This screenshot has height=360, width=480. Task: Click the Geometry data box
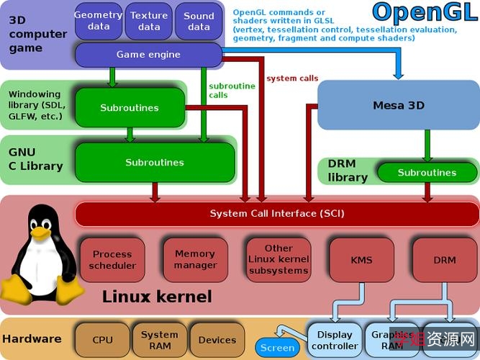[x=98, y=21]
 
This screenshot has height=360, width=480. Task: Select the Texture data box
[x=149, y=21]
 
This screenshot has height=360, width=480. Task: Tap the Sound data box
[x=199, y=21]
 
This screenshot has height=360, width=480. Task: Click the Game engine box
[x=148, y=55]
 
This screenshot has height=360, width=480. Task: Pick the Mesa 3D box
[x=398, y=106]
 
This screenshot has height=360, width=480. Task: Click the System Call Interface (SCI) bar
[x=277, y=214]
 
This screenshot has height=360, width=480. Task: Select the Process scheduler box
[x=112, y=260]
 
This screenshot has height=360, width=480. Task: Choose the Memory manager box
[x=195, y=260]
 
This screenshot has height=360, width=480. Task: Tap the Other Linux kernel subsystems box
[x=279, y=260]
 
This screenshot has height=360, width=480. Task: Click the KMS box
[x=361, y=260]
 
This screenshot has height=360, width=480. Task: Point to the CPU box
[x=102, y=340]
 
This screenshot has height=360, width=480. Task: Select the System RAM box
[x=159, y=340]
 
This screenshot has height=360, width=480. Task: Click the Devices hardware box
[x=217, y=340]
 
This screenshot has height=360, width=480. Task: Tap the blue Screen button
[x=278, y=348]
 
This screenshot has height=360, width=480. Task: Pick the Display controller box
[x=335, y=340]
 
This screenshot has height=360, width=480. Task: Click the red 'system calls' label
[x=292, y=78]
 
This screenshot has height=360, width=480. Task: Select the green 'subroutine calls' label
[x=232, y=91]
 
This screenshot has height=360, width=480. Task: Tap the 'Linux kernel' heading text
[x=157, y=297]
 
